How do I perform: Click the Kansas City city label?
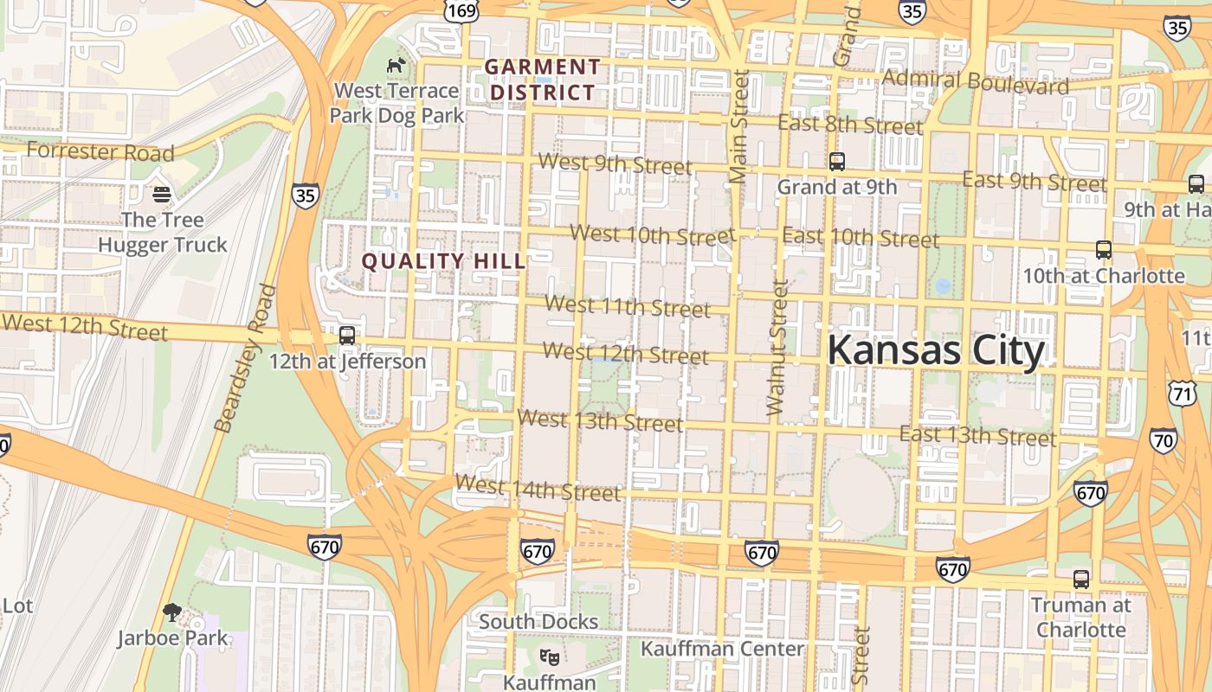pos(936,351)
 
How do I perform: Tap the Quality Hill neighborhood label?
pos(443,261)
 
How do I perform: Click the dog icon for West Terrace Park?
pos(396,65)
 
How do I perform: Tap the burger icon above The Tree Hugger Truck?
pos(161,194)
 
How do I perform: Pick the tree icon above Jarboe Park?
pos(172,612)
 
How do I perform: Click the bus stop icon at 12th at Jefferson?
pos(347,335)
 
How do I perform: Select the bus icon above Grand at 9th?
pos(836,161)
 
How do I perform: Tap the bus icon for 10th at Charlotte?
pos(1103,250)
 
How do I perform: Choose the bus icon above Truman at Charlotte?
pos(1080,580)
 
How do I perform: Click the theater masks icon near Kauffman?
pos(548,657)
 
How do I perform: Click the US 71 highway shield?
pos(1182,394)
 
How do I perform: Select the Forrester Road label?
pos(100,152)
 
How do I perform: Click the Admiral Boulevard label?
pos(976,82)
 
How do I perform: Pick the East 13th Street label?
pos(977,435)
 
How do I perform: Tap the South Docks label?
pos(538,622)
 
